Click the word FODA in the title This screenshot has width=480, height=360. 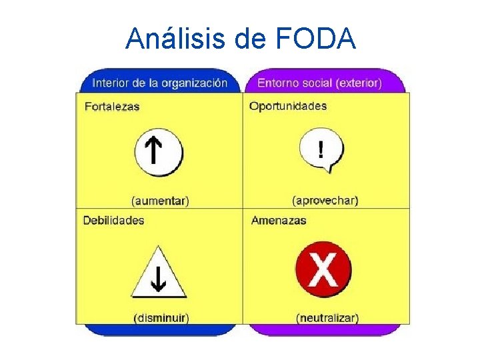[x=315, y=39]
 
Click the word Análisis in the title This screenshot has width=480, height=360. [x=175, y=39]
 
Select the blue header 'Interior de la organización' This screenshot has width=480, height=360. [x=159, y=83]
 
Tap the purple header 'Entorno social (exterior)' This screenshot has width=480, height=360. [x=319, y=83]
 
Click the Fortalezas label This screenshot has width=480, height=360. [x=112, y=106]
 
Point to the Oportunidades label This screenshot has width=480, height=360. [x=288, y=106]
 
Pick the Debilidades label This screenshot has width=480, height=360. [x=113, y=220]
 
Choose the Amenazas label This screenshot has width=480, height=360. [x=279, y=220]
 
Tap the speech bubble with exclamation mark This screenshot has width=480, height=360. [x=321, y=151]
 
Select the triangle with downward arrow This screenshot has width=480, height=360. [x=158, y=273]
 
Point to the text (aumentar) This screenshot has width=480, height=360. [x=160, y=200]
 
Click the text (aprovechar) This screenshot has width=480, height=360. [x=325, y=200]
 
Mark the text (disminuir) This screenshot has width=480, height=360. [x=161, y=318]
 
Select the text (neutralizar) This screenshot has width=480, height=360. [x=327, y=318]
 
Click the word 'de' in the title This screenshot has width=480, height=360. [x=251, y=39]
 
